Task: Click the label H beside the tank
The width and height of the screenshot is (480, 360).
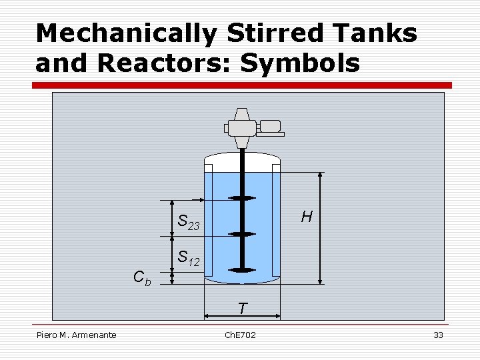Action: pos(307,216)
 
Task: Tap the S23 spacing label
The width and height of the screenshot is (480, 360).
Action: pos(188,223)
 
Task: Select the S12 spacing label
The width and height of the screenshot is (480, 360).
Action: pos(188,258)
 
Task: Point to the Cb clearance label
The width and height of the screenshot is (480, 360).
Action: pos(142,277)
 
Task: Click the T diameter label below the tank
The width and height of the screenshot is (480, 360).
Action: pos(242,309)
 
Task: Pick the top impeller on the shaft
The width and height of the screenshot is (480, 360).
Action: pos(242,199)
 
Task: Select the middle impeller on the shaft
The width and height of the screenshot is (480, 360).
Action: pos(242,234)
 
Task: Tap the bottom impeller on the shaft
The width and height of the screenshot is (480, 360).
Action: pos(242,269)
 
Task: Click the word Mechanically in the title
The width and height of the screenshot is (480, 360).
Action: pos(126,33)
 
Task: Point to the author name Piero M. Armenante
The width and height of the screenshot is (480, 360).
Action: pos(77,335)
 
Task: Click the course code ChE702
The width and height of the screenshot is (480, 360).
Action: pos(241,335)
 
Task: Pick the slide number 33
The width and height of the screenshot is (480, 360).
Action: pos(438,335)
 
